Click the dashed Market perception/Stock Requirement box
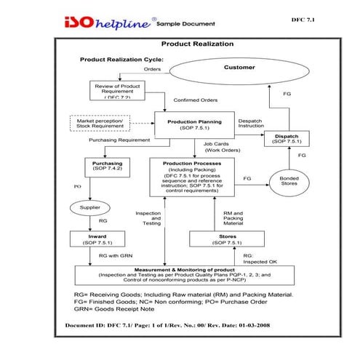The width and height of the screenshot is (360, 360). coord(99,123)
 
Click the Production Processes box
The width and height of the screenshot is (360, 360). coord(193,178)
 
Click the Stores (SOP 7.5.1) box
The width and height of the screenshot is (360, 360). coord(221,239)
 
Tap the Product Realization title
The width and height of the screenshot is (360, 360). coord(197,44)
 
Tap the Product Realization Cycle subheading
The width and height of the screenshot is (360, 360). coord(121,59)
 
